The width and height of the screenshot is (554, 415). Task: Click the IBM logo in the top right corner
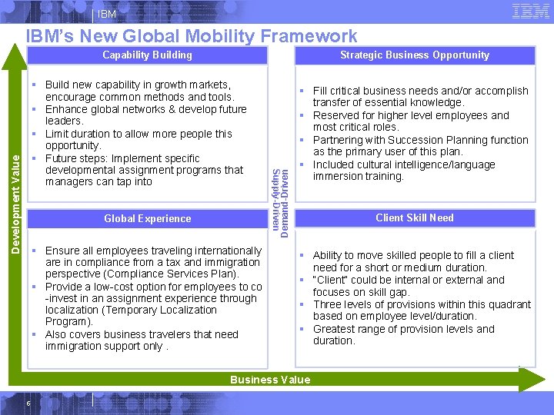tap(530, 11)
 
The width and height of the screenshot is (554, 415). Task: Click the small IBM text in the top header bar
tap(107, 15)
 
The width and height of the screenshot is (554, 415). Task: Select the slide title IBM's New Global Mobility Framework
tap(191, 36)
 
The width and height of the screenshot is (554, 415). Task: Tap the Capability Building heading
tap(147, 55)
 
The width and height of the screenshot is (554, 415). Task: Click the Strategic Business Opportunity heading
tap(415, 55)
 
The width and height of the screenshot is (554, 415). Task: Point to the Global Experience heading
tap(147, 218)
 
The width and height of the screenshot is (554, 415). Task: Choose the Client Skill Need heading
tap(415, 217)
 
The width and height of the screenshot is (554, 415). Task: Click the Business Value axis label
tap(270, 380)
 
